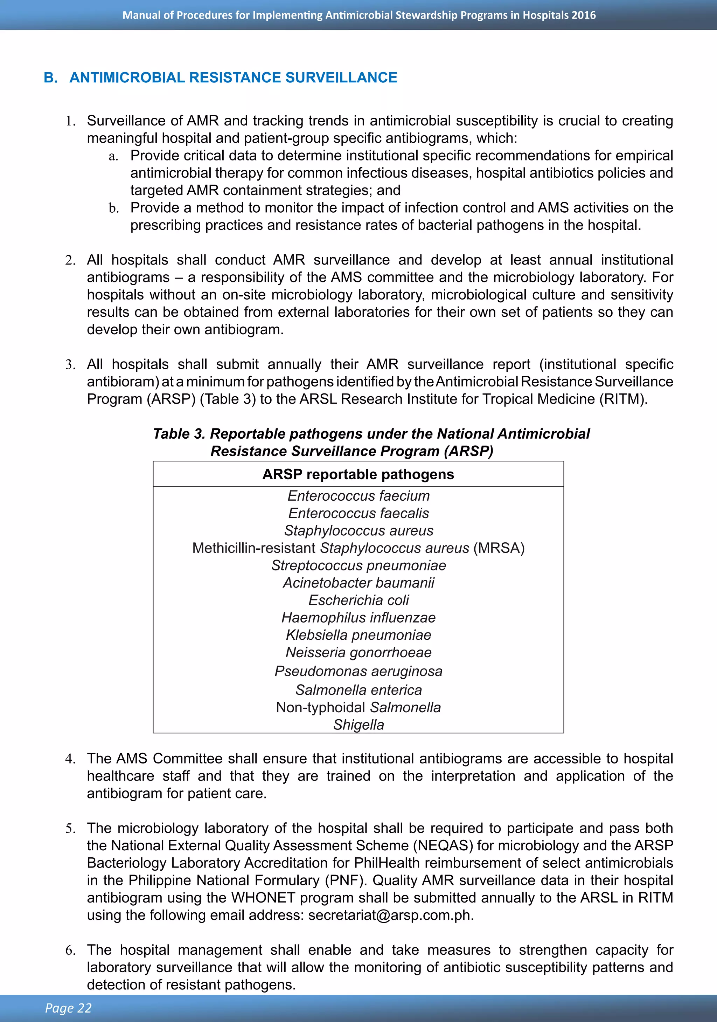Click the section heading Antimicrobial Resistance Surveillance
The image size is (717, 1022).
click(x=233, y=77)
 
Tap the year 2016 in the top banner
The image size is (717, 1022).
click(x=584, y=15)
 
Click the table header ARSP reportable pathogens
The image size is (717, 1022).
click(x=358, y=474)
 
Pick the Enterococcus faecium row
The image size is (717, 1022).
click(x=358, y=496)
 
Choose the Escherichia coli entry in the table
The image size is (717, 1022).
click(x=358, y=600)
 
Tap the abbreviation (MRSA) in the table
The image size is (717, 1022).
click(x=499, y=548)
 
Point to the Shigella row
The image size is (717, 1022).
click(x=358, y=725)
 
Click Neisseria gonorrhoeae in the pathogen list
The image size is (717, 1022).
click(x=358, y=653)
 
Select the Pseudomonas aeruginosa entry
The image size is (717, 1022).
click(x=358, y=671)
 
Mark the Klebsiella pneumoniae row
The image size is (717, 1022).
click(x=358, y=635)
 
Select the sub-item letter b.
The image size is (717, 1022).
click(x=113, y=208)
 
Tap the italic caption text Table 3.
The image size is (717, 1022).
click(x=179, y=434)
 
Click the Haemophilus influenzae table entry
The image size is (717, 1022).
click(x=358, y=618)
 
